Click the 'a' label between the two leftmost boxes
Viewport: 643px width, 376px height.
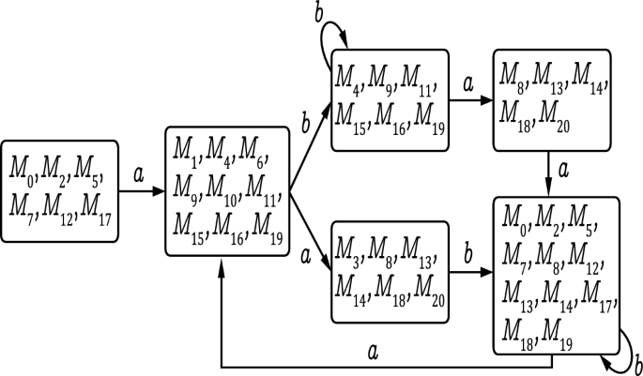pos(140,174)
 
